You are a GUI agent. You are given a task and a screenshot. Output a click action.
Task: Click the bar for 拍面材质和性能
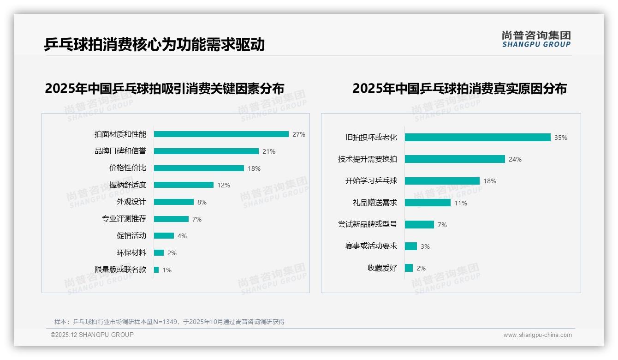point(221,134)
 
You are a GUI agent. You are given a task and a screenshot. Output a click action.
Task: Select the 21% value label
point(268,151)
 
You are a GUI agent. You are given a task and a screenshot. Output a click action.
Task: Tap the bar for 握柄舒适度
point(184,185)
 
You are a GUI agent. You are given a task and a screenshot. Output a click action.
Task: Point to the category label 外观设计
point(131,202)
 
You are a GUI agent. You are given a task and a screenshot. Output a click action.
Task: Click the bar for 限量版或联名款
point(156,270)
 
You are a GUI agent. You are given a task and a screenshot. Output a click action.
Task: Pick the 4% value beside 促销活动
point(182,236)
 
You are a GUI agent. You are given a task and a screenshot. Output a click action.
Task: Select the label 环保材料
point(131,253)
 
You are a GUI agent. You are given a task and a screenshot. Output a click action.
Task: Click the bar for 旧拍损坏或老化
point(477,138)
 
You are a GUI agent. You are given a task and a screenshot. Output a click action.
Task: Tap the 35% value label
point(561,138)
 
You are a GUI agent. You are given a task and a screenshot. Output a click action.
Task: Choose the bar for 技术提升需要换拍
point(455,159)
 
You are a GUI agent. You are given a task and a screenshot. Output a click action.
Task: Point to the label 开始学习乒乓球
point(371,181)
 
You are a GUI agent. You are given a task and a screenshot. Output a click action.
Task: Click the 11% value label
point(461,203)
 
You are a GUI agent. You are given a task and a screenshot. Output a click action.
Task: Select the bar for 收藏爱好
point(409,268)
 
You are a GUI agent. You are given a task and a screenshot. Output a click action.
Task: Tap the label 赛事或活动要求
point(371,246)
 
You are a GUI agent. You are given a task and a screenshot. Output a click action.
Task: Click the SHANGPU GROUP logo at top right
point(536,39)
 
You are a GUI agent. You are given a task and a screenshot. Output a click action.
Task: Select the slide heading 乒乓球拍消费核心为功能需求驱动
point(154,45)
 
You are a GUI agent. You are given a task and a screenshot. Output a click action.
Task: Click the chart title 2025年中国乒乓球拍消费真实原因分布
point(459,88)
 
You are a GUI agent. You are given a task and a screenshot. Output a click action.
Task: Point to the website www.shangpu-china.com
point(537,335)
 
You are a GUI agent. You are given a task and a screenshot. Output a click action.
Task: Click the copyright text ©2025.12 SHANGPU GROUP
point(92,335)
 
